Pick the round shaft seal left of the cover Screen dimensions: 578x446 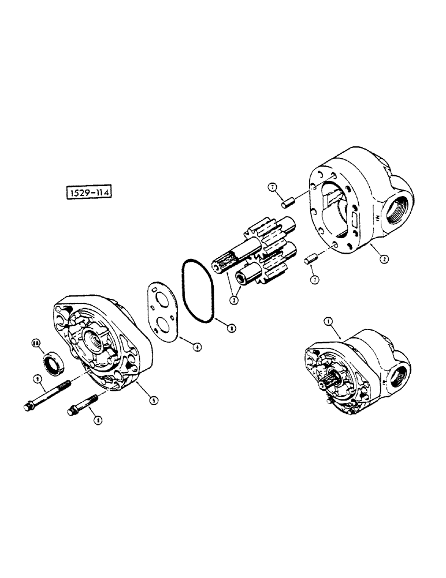point(51,364)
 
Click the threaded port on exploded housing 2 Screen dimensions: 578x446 point(400,209)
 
